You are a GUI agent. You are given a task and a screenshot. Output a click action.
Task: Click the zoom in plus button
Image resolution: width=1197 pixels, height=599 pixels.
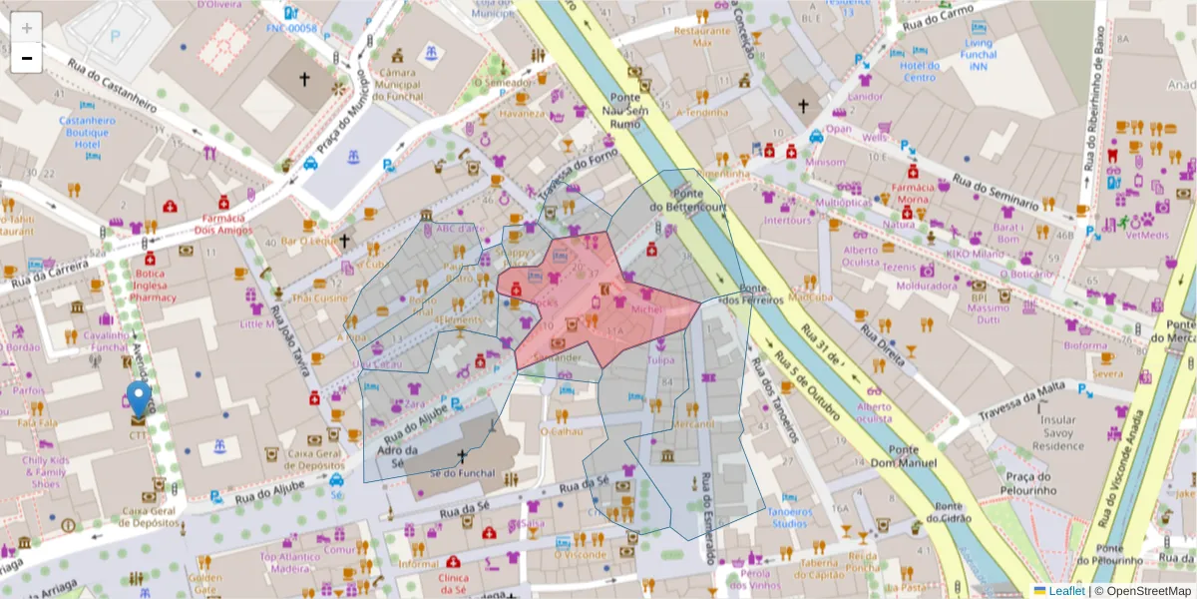tap(27, 28)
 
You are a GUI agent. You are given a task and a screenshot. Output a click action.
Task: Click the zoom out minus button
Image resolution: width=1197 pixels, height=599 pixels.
tap(27, 58)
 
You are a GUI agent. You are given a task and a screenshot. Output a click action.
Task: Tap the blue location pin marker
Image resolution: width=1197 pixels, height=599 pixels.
tap(139, 399)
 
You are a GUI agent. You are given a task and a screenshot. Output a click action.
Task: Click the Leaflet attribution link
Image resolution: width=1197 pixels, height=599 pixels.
tap(1066, 591)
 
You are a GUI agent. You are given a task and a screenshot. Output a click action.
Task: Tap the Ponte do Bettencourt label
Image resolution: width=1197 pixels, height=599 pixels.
tap(697, 200)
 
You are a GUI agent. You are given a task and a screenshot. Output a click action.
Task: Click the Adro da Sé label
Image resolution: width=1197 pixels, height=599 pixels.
tap(397, 456)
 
